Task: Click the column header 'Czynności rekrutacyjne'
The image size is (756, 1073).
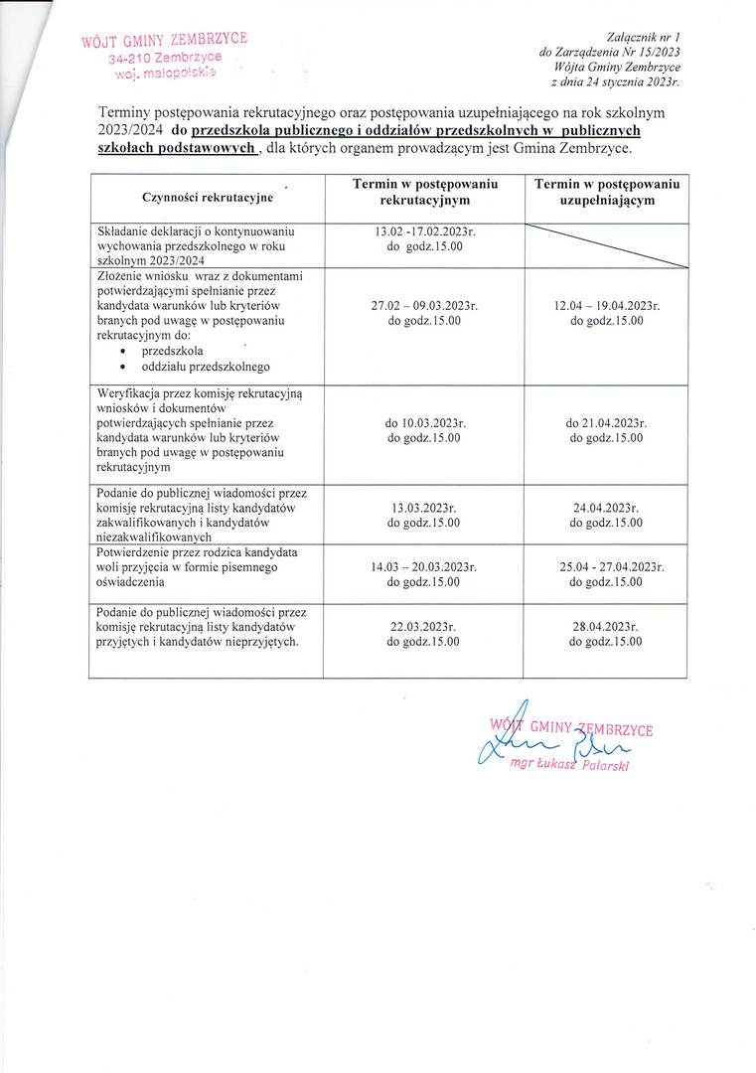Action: [x=208, y=199]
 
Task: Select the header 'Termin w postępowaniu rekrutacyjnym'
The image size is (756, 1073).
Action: [x=424, y=193]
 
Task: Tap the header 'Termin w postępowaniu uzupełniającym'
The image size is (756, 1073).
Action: [x=606, y=193]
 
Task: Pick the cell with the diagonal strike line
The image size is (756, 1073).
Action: [x=606, y=245]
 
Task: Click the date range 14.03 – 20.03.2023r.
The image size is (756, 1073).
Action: [x=424, y=567]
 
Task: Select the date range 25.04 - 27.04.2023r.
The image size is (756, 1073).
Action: [x=606, y=567]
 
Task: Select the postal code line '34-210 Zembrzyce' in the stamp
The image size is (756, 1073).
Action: [x=165, y=58]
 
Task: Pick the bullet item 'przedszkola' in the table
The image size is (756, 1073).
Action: [x=173, y=351]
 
